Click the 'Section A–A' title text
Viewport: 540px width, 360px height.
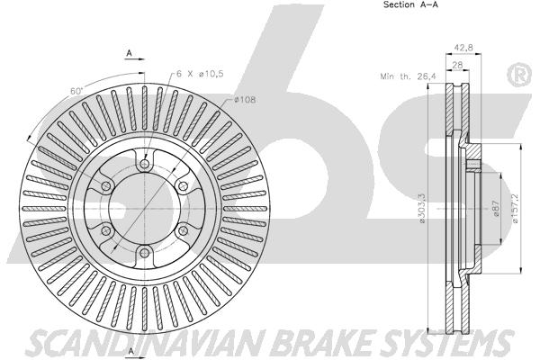(411, 4)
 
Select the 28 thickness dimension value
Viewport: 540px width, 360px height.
(457, 65)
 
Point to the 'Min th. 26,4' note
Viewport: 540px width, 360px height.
(408, 76)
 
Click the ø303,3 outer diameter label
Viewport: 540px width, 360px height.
(423, 208)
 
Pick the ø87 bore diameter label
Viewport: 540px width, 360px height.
(496, 209)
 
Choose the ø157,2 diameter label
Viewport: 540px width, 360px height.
(515, 208)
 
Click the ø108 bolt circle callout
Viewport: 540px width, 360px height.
(245, 100)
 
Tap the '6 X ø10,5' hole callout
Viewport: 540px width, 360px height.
(200, 74)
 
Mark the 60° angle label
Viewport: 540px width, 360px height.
(76, 91)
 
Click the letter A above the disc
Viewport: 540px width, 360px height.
(129, 53)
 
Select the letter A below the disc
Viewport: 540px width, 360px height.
(130, 351)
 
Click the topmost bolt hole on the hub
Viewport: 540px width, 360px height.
(145, 164)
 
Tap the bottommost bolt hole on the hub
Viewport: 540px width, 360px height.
(145, 253)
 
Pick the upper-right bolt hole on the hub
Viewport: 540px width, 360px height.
(183, 186)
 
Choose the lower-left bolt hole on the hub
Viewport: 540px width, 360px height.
(106, 230)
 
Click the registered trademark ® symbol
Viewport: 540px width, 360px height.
(520, 75)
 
